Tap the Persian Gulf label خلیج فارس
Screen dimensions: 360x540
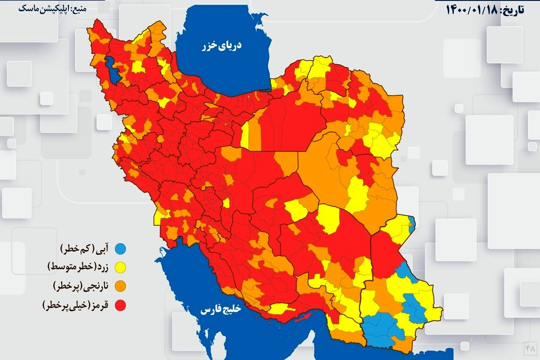(221, 310)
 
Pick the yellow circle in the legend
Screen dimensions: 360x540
(120, 267)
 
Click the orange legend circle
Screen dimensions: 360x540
(120, 286)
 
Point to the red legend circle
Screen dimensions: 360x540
(120, 306)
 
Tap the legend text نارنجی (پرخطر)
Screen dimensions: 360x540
(81, 286)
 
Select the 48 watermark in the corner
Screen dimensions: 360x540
(529, 348)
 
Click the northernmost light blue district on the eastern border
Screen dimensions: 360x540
(412, 221)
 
